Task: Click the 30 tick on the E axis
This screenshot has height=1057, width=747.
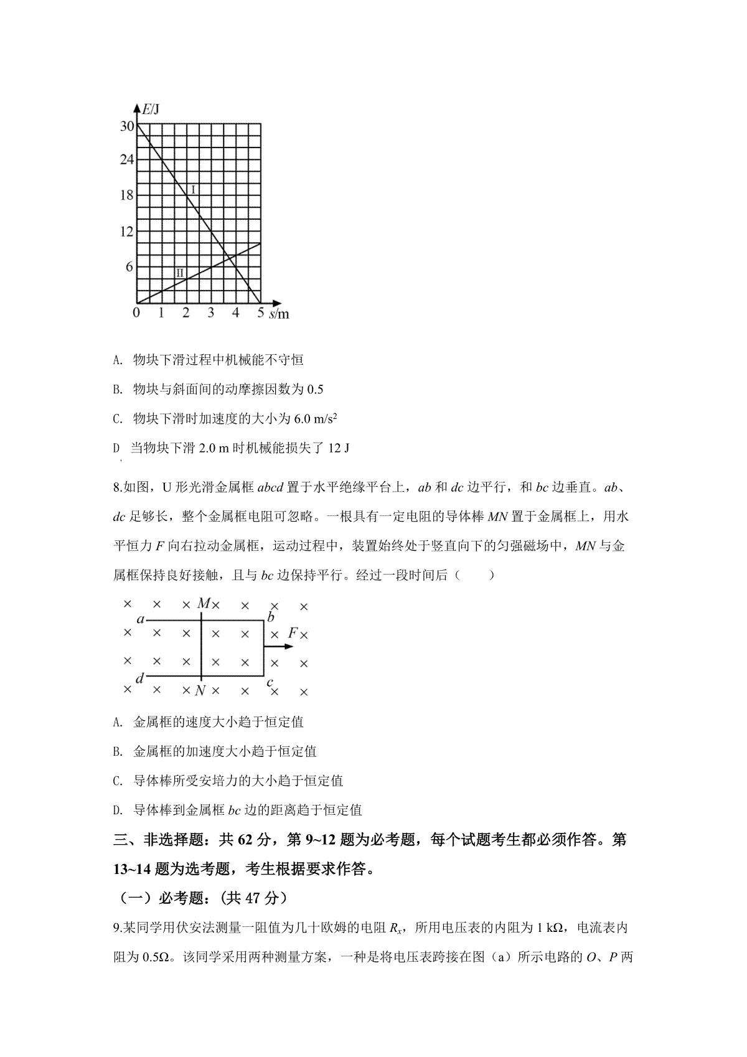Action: click(126, 126)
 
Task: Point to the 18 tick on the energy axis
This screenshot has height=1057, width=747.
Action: click(126, 195)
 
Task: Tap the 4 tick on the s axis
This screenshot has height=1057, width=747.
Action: click(235, 313)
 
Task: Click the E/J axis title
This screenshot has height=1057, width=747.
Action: click(151, 110)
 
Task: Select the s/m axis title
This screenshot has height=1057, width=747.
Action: click(280, 314)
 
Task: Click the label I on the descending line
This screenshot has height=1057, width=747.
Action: click(193, 189)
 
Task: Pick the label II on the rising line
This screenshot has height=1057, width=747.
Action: click(179, 273)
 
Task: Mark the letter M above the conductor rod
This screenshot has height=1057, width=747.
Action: click(203, 603)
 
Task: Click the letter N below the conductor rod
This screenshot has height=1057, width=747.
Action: click(200, 691)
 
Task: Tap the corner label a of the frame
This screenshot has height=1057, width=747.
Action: click(141, 619)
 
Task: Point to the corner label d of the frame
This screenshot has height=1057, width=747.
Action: click(139, 679)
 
